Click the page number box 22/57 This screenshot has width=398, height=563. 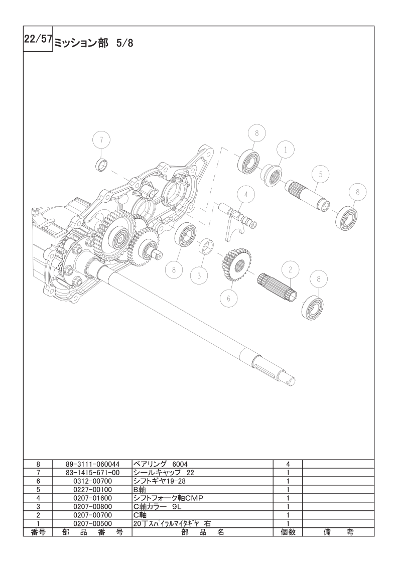38,39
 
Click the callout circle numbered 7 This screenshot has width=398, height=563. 101,140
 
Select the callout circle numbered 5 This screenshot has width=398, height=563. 321,174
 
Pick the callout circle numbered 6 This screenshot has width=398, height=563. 230,298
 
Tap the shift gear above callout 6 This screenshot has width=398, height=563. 237,263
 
